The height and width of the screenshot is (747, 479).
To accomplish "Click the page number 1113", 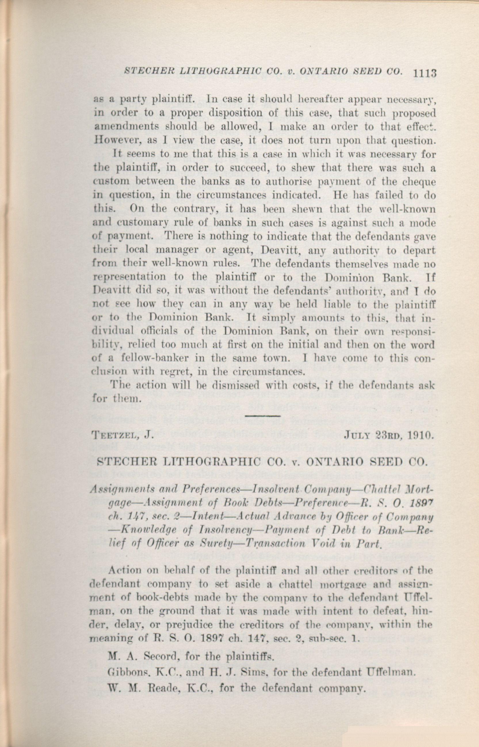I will pos(425,73).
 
